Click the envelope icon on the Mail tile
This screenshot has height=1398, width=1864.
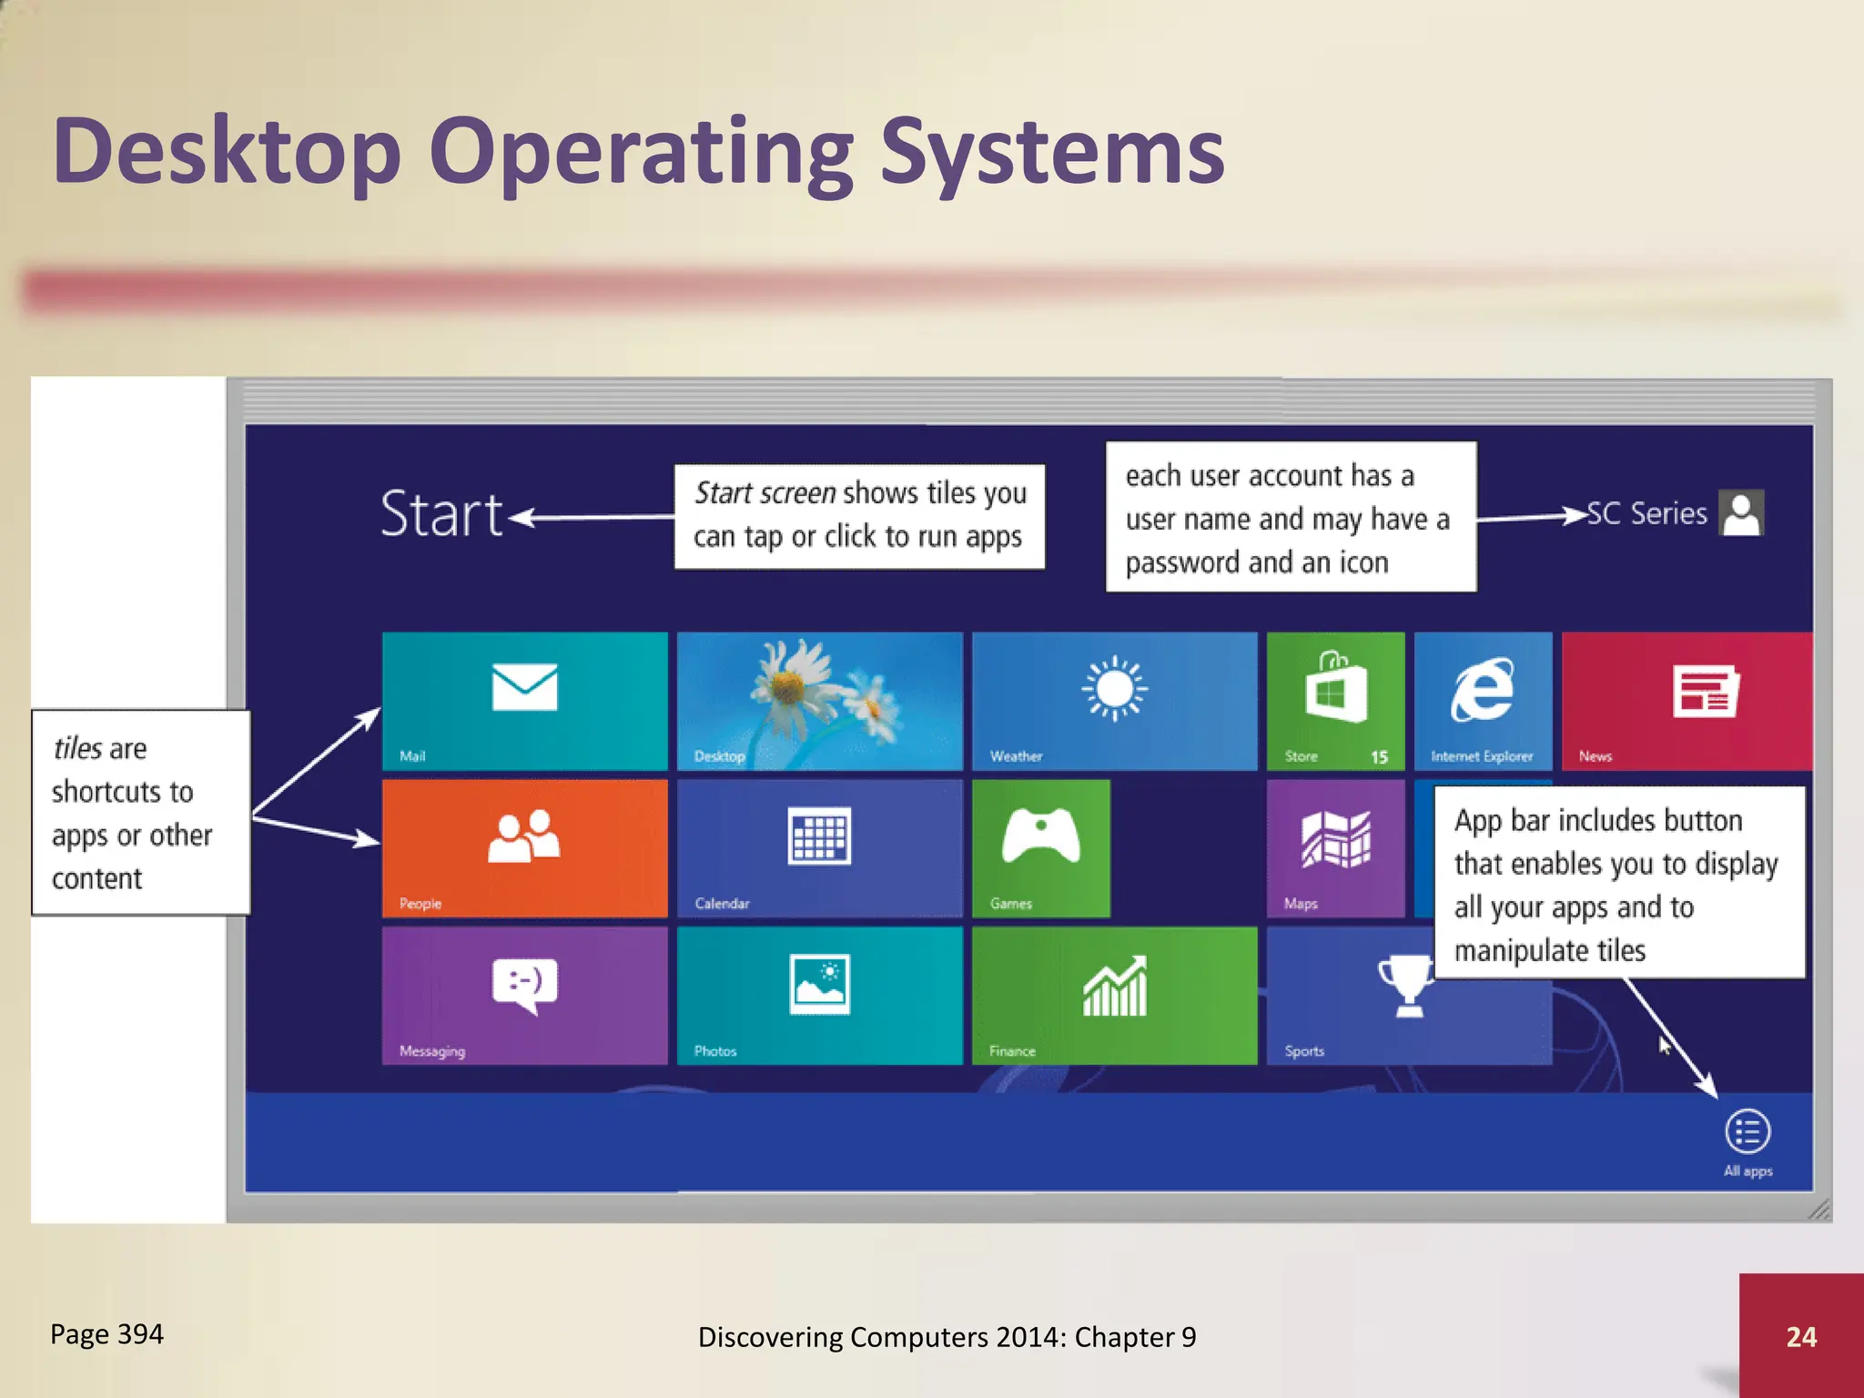pyautogui.click(x=524, y=687)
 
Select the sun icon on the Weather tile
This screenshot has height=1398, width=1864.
pyautogui.click(x=1114, y=688)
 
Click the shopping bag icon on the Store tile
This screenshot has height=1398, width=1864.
pyautogui.click(x=1335, y=688)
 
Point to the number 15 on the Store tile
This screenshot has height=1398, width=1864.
pyautogui.click(x=1379, y=756)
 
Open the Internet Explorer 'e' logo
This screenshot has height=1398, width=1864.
pyautogui.click(x=1483, y=689)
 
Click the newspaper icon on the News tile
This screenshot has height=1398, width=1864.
pyautogui.click(x=1705, y=691)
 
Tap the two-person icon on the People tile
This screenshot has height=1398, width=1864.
pyautogui.click(x=524, y=836)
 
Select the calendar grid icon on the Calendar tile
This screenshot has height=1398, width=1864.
pyautogui.click(x=819, y=835)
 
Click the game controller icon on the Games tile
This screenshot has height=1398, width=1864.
pyautogui.click(x=1040, y=835)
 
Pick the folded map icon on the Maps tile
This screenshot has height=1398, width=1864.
pyautogui.click(x=1335, y=838)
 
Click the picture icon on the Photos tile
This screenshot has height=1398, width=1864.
pyautogui.click(x=819, y=984)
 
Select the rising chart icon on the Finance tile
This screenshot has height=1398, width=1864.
pyautogui.click(x=1114, y=987)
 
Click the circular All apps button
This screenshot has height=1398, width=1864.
pyautogui.click(x=1747, y=1132)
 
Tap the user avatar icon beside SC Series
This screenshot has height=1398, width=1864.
pyautogui.click(x=1741, y=513)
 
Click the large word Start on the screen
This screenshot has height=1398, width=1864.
pyautogui.click(x=441, y=514)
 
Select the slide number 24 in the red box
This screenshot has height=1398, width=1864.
pyautogui.click(x=1801, y=1336)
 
